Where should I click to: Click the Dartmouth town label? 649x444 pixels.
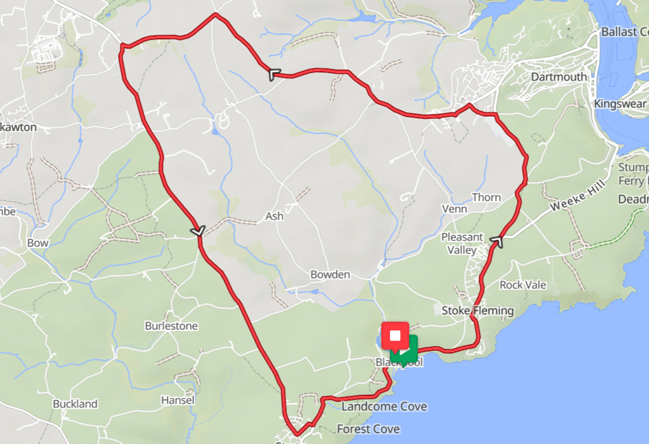(x=558, y=77)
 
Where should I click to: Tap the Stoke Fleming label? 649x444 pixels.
(x=478, y=311)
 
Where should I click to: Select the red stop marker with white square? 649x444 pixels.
(x=395, y=335)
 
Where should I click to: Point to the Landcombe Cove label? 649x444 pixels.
(x=385, y=406)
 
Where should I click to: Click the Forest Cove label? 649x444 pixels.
(x=368, y=429)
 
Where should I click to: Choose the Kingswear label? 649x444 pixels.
(x=620, y=103)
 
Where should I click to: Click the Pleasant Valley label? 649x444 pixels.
(x=462, y=244)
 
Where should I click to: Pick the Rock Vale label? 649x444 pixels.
(x=523, y=285)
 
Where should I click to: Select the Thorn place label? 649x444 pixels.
(x=486, y=197)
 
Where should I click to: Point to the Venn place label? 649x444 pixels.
(x=454, y=209)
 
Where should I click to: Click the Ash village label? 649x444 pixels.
(x=274, y=216)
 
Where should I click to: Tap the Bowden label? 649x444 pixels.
(x=330, y=274)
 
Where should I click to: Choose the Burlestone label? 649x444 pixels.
(x=171, y=326)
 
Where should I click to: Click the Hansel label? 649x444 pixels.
(x=178, y=400)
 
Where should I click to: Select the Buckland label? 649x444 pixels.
(x=75, y=404)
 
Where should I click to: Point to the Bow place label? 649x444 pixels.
(x=38, y=243)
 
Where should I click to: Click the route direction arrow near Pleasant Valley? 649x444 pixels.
(x=498, y=241)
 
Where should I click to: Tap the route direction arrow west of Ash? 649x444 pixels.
(x=198, y=233)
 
